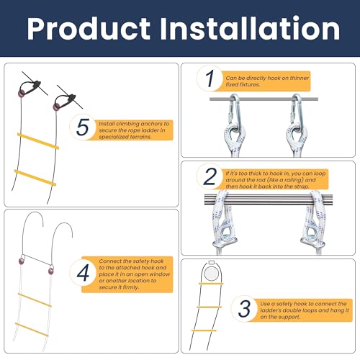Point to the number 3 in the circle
[245, 308]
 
